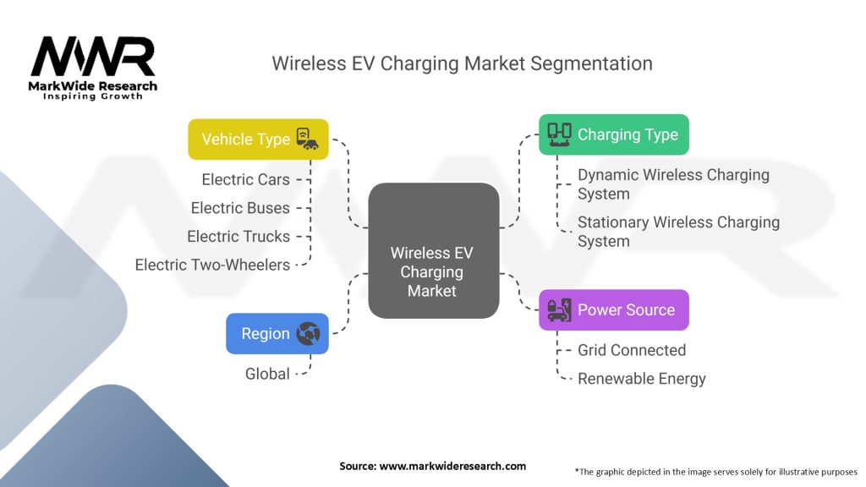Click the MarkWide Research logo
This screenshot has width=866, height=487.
click(93, 68)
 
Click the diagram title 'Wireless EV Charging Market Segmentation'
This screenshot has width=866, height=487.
click(462, 63)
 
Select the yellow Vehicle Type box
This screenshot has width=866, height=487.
click(258, 140)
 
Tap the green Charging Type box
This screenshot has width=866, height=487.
click(614, 134)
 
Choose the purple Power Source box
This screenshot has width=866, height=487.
click(614, 310)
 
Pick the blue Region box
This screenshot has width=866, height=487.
click(277, 334)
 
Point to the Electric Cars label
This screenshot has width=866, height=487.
click(245, 179)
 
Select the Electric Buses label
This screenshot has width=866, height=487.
click(240, 208)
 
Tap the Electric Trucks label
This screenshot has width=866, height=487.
click(238, 237)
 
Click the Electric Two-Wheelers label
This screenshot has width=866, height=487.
click(212, 265)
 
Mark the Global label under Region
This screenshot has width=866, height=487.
click(267, 374)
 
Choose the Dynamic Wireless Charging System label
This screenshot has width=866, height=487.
click(673, 184)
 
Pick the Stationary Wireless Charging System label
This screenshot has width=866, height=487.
click(678, 232)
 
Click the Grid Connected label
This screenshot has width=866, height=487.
click(631, 350)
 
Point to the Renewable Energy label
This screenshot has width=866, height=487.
click(641, 379)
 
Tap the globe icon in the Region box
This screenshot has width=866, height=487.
click(308, 334)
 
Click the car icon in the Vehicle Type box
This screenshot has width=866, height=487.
click(306, 140)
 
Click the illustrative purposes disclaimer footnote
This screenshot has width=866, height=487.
click(715, 471)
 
